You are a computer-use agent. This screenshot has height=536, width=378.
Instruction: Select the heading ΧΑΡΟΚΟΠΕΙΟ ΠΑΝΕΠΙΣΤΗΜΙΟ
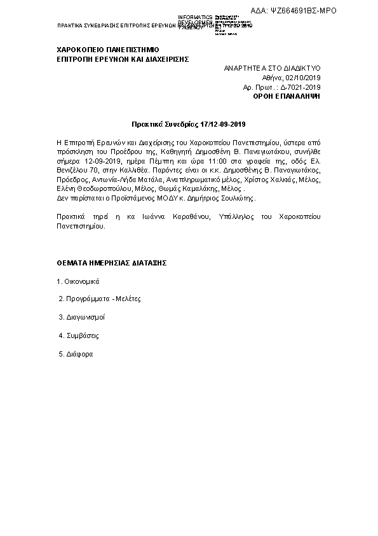tap(108, 49)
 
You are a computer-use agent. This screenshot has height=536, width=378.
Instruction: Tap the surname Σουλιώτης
tap(235, 199)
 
